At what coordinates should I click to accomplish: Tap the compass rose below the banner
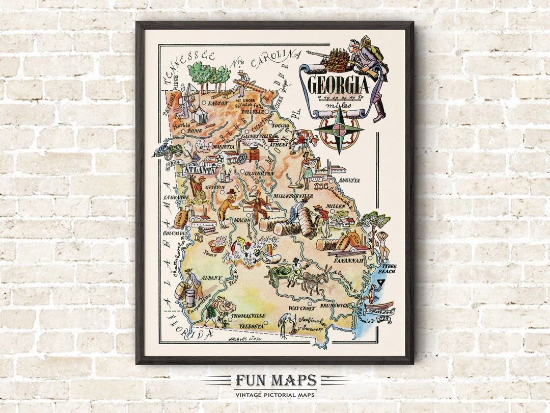point(339,130)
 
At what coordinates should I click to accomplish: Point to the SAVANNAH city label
point(349,260)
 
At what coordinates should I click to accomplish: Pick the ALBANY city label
point(212,278)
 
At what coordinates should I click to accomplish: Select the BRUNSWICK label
point(336,306)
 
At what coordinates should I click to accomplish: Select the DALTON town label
point(218,103)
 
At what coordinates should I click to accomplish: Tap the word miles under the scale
point(339,106)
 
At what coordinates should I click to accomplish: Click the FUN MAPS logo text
point(275,380)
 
